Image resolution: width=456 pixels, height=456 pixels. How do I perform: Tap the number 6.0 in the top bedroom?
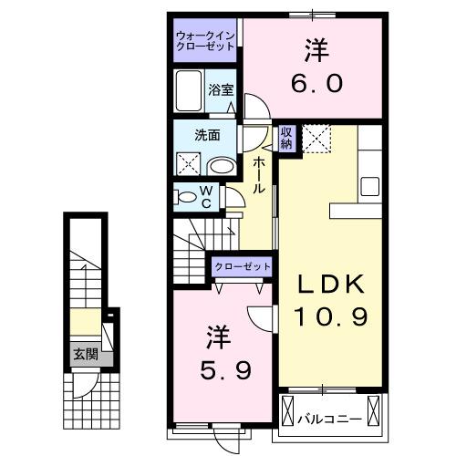tap(316, 83)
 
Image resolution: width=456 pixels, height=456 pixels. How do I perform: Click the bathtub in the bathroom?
tap(190, 91)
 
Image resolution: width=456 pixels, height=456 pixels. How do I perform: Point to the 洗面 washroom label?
tap(207, 136)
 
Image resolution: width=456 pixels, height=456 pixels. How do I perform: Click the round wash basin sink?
tap(220, 166)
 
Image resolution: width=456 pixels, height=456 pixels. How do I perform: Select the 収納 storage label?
tap(286, 138)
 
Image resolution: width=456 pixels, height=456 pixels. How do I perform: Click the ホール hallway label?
tap(259, 173)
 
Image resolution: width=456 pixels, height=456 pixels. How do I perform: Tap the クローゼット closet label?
tap(243, 266)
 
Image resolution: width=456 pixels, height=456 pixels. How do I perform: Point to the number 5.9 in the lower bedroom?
tap(223, 371)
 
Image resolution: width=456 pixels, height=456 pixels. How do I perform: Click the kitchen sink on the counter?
tap(370, 186)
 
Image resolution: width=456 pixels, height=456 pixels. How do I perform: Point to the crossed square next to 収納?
tap(318, 139)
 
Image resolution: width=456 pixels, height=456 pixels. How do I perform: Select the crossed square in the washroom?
tap(189, 165)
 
